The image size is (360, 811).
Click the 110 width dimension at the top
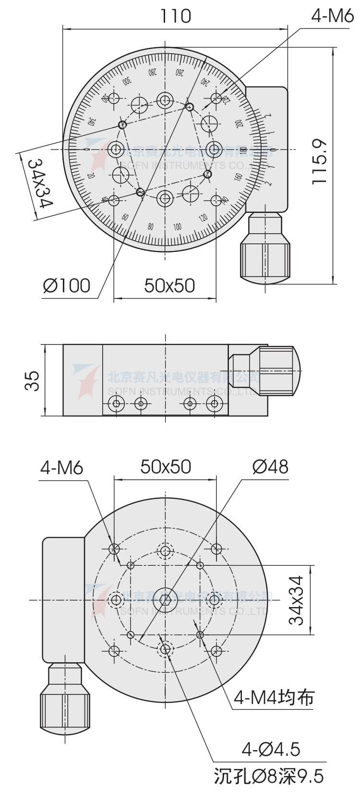[175, 16]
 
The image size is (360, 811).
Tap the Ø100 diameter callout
[67, 286]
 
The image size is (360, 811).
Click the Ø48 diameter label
[270, 466]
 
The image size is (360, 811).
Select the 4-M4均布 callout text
[273, 697]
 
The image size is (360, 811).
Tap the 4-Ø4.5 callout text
[271, 749]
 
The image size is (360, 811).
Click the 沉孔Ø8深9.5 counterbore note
[269, 776]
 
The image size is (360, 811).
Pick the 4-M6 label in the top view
[332, 16]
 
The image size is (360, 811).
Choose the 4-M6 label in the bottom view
[61, 467]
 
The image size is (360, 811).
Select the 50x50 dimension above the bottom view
[166, 466]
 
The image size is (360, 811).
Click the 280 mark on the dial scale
[152, 73]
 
